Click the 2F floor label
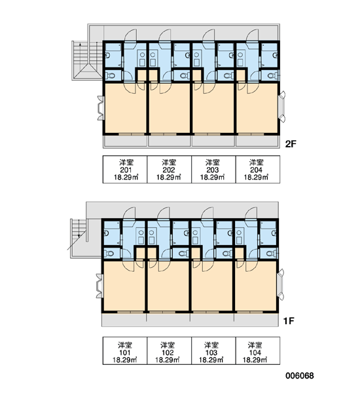[x=291, y=144]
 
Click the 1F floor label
[x=289, y=320]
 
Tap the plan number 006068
[x=299, y=376]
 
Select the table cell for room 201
[x=125, y=170]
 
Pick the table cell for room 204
[x=258, y=170]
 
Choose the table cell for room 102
[x=169, y=350]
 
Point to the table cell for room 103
[x=213, y=350]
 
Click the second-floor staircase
[x=87, y=60]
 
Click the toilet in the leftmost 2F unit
[x=110, y=75]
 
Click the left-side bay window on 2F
[x=100, y=108]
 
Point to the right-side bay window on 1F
[x=281, y=284]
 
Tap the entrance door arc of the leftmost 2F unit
[x=130, y=35]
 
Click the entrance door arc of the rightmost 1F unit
[x=251, y=214]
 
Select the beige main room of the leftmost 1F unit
[x=124, y=286]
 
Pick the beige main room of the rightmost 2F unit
[x=257, y=108]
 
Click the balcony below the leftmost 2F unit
[x=125, y=141]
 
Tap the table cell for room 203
[x=213, y=170]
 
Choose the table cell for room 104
[x=258, y=350]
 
